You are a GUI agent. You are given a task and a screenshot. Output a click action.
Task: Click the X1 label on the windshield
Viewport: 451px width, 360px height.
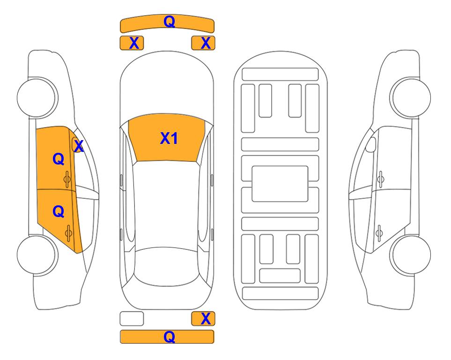[169, 138]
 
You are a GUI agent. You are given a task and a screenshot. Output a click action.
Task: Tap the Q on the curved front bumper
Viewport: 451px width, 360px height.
[169, 22]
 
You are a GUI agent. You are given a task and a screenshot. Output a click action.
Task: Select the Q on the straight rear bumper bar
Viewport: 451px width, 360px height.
[169, 337]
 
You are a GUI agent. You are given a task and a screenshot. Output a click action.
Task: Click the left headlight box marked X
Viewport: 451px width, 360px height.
[132, 43]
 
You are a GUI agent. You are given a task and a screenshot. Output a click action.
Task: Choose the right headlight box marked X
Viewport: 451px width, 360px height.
[203, 43]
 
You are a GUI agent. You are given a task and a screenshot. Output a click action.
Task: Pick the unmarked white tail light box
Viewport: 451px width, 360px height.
[132, 319]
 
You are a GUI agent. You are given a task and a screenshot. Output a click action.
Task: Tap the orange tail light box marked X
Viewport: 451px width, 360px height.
[203, 319]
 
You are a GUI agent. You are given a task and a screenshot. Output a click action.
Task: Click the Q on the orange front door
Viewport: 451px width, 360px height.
[59, 159]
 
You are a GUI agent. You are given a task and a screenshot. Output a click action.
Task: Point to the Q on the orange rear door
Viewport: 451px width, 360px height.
[59, 212]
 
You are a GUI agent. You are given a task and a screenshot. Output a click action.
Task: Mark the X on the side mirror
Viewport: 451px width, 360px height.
[79, 146]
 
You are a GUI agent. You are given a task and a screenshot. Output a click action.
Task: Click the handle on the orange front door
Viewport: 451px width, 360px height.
[67, 180]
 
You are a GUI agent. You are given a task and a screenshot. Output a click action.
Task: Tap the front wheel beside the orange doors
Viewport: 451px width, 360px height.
[37, 97]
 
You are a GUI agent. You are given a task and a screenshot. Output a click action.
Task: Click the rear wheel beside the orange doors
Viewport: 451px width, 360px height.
[37, 255]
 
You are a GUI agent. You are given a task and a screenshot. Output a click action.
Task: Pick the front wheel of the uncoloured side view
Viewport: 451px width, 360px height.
[410, 97]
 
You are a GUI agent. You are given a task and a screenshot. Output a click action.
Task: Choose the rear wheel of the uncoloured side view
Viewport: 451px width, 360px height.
[411, 255]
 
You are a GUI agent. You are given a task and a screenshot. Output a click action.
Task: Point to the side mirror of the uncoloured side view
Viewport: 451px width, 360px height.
[371, 144]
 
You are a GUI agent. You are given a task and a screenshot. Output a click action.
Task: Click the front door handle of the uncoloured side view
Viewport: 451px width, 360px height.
[380, 179]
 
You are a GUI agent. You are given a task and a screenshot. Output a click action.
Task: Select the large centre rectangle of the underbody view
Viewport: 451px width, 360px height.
[280, 184]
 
